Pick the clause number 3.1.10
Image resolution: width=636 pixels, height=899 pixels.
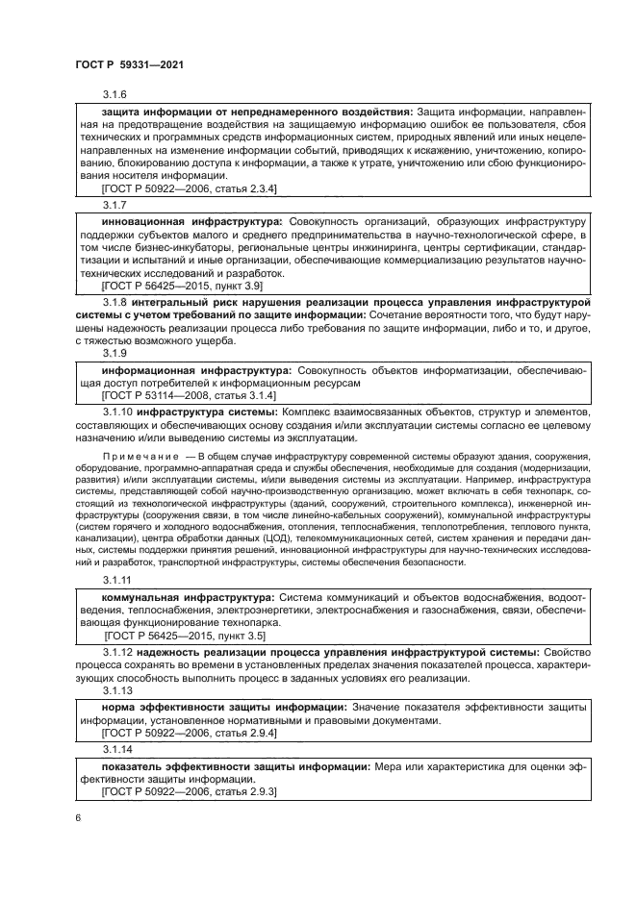point(117,413)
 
